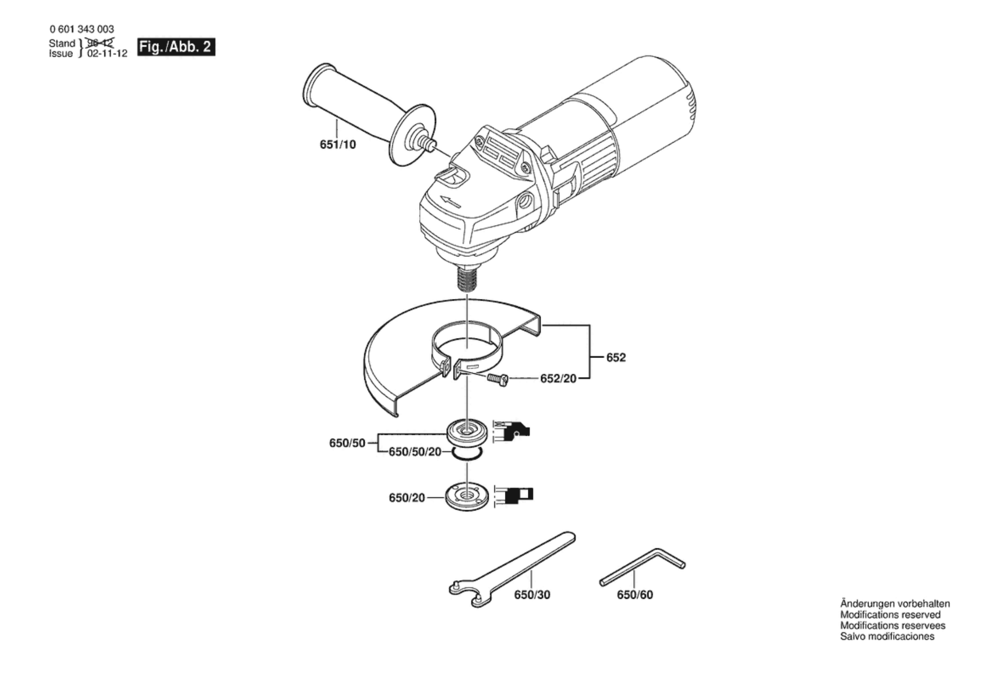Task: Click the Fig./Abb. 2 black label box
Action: pos(176,47)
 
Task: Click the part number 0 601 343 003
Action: pos(82,30)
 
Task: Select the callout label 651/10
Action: pos(338,144)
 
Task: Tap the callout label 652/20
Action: pos(558,379)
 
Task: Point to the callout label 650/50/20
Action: pos(415,451)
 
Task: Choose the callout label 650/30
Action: pos(532,595)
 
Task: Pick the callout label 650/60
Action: pos(635,595)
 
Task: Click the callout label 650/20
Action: pos(407,498)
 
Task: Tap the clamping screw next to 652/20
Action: pos(498,379)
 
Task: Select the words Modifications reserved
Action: pos(890,615)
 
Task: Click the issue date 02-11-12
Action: pos(107,53)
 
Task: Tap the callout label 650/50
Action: pos(347,443)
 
